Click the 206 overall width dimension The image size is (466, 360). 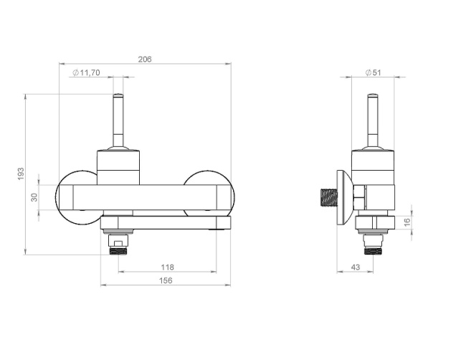pyautogui.click(x=145, y=60)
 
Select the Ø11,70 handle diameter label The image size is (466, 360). pyautogui.click(x=86, y=72)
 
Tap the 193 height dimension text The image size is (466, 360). pyautogui.click(x=21, y=174)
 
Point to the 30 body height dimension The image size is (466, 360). pyautogui.click(x=34, y=197)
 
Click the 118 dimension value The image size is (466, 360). pyautogui.click(x=167, y=267)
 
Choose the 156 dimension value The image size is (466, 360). pyautogui.click(x=166, y=280)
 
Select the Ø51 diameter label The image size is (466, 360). pyautogui.click(x=373, y=72)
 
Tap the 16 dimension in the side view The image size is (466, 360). pyautogui.click(x=407, y=222)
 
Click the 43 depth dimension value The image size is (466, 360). pyautogui.click(x=356, y=267)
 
